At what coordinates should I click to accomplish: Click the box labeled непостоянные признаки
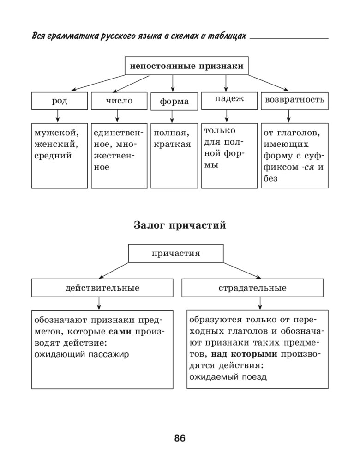coord(186,66)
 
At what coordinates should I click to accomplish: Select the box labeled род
coord(59,101)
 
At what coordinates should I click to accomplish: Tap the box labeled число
coord(119,101)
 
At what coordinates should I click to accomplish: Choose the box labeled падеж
coord(229,99)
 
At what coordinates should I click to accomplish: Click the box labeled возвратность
coord(294,100)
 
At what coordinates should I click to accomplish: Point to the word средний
coord(53,155)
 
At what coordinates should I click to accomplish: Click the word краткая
coord(172,144)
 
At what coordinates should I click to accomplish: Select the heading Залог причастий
coord(180,225)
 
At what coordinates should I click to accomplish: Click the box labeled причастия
coord(175,253)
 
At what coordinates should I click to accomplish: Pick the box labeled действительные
coord(102,288)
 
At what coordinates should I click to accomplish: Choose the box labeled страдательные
coord(252,288)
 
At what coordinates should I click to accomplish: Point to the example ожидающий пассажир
coord(82,354)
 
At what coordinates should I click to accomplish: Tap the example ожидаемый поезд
coord(228,376)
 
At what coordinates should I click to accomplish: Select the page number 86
coord(180,438)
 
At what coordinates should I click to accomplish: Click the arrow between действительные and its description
coord(99,303)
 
